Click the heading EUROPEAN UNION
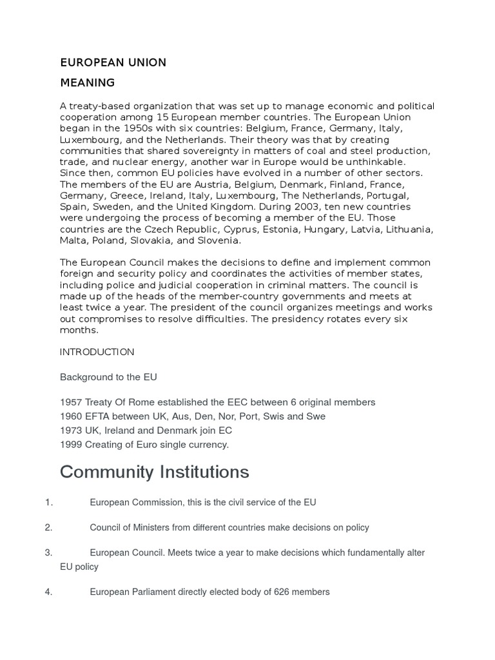(113, 63)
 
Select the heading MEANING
(87, 82)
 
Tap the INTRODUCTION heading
(97, 352)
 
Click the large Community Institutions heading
(154, 472)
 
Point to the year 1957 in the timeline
(70, 402)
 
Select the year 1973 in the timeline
(70, 431)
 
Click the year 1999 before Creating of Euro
(70, 445)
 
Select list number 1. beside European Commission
(48, 502)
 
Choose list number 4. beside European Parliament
(48, 592)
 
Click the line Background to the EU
(108, 377)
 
